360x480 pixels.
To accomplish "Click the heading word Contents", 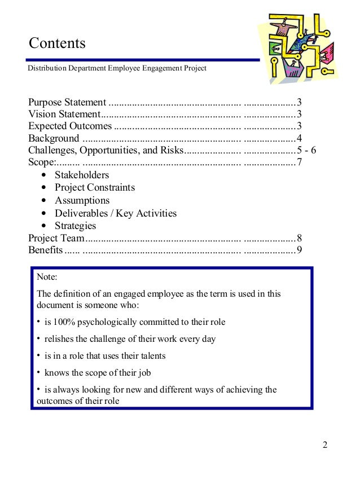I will pos(57,43).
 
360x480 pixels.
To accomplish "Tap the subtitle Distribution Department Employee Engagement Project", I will pos(117,68).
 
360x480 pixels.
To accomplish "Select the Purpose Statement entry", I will pos(67,103).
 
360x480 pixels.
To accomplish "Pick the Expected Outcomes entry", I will pos(70,126).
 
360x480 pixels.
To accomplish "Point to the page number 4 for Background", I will pos(300,138).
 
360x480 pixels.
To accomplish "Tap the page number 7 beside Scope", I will pos(300,163).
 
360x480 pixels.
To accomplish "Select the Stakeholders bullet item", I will pos(81,175).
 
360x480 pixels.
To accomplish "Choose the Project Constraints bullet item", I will pos(95,187).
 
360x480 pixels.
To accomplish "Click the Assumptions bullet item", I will pos(82,200).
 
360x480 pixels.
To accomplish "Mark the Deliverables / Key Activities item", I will pos(115,213).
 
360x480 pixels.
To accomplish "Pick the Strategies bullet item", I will pos(75,226).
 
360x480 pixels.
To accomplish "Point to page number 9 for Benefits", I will pos(300,250).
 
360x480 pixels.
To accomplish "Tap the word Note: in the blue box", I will pos(47,278).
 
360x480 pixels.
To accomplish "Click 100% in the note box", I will pos(65,322).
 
